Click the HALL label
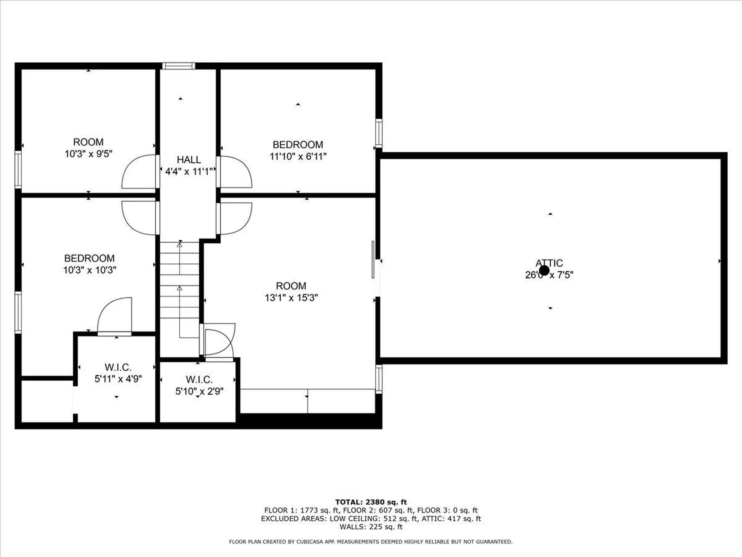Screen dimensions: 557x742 [189, 160]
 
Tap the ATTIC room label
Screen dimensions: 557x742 [549, 263]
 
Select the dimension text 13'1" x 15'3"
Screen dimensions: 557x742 [291, 297]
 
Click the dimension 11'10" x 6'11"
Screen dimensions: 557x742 [298, 156]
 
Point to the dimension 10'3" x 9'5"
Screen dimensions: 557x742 [88, 154]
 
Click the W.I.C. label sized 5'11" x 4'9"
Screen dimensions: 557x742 [118, 367]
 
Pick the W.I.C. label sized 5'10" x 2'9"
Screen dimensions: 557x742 [199, 379]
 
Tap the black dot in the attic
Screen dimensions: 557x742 [544, 270]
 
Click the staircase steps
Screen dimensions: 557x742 [180, 286]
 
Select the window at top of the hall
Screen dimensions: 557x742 [178, 66]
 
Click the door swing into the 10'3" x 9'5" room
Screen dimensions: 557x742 [139, 172]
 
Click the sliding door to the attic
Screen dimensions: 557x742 [373, 260]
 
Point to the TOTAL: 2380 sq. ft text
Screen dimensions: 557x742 [371, 502]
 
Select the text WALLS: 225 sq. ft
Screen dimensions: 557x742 [371, 527]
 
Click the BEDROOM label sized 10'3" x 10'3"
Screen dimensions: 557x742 [89, 258]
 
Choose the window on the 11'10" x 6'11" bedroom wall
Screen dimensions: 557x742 [379, 133]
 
